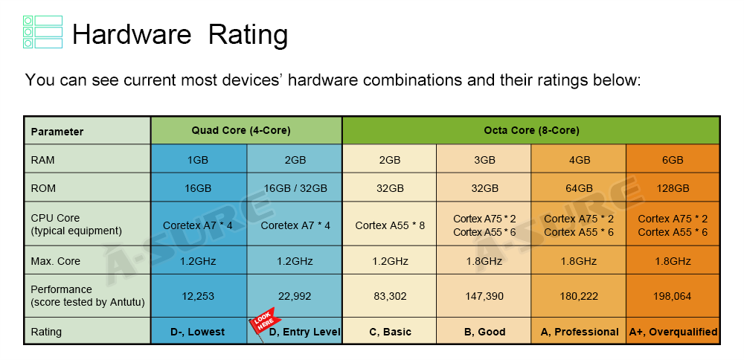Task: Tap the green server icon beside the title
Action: click(42, 32)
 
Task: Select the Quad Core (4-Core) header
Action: click(246, 130)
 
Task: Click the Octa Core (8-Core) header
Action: click(531, 130)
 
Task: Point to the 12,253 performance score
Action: click(199, 296)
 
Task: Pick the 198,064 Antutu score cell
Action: click(673, 296)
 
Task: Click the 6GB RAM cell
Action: click(673, 160)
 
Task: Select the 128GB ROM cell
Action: click(673, 188)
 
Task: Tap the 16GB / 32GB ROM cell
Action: click(295, 188)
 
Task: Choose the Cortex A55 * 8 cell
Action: click(390, 225)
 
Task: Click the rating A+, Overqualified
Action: click(673, 332)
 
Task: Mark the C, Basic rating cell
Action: click(390, 332)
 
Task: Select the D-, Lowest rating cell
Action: click(199, 332)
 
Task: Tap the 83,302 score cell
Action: click(390, 296)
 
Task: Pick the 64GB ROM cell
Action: click(579, 188)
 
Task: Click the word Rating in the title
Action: click(248, 35)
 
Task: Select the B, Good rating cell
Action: click(484, 332)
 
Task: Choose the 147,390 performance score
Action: click(484, 296)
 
